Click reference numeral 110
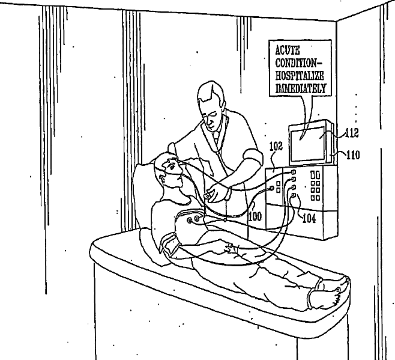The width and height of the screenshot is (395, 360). pyautogui.click(x=352, y=154)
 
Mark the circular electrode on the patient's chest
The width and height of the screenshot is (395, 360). pyautogui.click(x=191, y=221)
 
